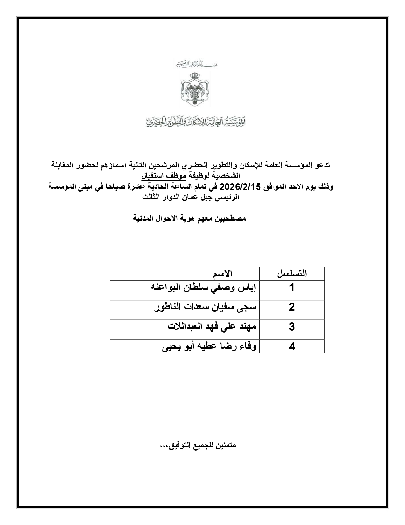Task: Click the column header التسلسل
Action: point(292,274)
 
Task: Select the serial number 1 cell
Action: point(292,288)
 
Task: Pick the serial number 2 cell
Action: point(292,308)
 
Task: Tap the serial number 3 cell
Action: point(292,327)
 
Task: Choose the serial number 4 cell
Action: point(292,346)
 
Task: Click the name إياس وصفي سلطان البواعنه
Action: point(203,288)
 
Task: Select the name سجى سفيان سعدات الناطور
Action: point(205,307)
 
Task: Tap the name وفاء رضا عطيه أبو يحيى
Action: point(209,346)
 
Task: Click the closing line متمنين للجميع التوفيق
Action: point(196,445)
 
